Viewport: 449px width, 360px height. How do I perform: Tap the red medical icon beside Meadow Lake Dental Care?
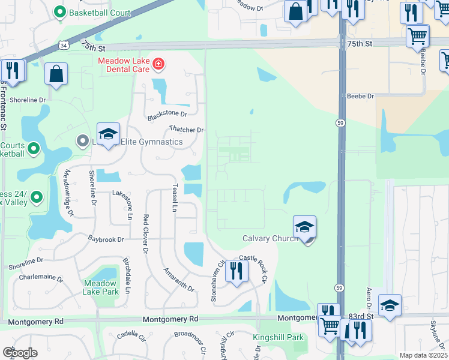point(158,63)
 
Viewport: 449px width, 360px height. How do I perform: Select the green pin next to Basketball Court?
point(59,12)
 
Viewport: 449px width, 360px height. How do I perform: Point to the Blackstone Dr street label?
point(168,113)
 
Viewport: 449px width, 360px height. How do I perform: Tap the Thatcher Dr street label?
point(187,130)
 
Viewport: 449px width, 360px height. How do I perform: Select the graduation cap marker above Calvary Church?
point(305,227)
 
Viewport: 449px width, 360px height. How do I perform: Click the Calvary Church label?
point(270,239)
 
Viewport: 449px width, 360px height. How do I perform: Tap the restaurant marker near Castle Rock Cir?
point(237,271)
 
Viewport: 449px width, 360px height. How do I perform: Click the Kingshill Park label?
point(278,337)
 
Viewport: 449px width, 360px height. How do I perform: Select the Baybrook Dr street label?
point(106,239)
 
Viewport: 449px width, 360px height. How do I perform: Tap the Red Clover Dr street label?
point(145,236)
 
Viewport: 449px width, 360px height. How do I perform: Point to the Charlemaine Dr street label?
point(41,278)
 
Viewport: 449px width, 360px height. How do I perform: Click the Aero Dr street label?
point(369,302)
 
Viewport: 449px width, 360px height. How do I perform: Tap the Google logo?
point(20,352)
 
